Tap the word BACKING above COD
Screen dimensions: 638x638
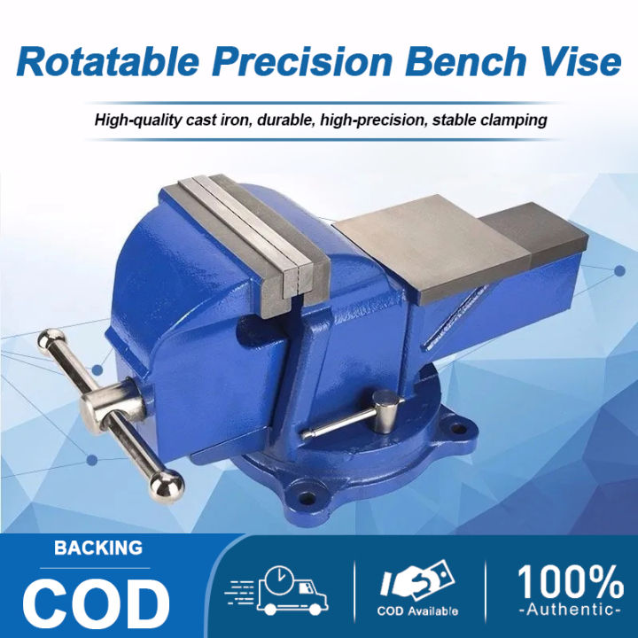coord(97,548)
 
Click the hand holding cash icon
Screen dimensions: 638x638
coord(416,580)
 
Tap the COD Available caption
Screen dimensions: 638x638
coord(417,611)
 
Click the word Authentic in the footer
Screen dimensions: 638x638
coord(570,611)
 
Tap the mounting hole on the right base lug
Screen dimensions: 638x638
coord(457,428)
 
